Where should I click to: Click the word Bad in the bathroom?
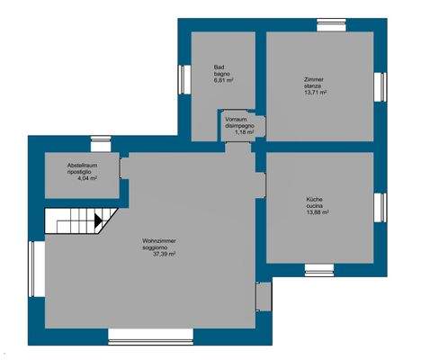tap(219, 67)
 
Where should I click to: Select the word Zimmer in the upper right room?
tap(313, 81)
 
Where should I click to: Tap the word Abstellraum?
tap(82, 167)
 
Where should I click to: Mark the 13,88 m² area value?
tap(317, 211)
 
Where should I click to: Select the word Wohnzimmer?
tap(158, 240)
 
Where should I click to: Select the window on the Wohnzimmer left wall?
tap(32, 271)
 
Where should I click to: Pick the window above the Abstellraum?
tap(99, 140)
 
